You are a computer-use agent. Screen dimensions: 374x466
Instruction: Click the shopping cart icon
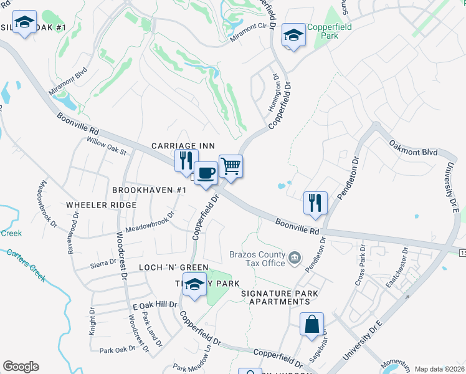231,166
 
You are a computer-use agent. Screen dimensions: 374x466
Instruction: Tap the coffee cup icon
206,173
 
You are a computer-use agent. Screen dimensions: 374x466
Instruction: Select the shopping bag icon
311,325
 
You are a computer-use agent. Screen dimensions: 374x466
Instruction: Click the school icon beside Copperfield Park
293,35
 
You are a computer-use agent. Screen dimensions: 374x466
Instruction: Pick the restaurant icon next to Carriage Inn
186,161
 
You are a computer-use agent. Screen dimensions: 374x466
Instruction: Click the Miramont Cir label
252,26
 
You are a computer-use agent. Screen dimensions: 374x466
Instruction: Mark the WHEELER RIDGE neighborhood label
101,205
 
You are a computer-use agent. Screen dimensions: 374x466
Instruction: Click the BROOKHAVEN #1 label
150,189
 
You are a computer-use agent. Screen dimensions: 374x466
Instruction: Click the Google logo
21,367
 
